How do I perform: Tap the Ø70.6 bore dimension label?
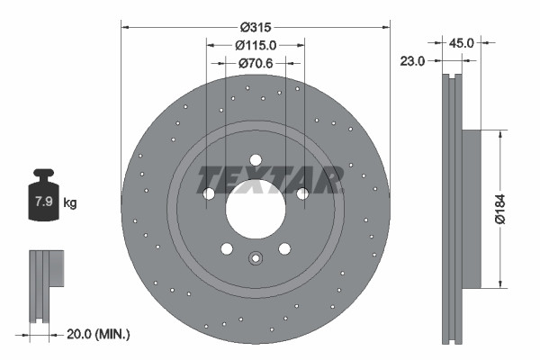click(256, 63)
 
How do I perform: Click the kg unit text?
click(70, 203)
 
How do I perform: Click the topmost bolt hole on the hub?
click(256, 160)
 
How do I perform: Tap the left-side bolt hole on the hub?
click(209, 193)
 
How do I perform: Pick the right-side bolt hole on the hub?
click(302, 193)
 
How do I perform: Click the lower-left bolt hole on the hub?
click(227, 249)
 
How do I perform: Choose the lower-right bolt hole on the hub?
click(284, 249)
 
